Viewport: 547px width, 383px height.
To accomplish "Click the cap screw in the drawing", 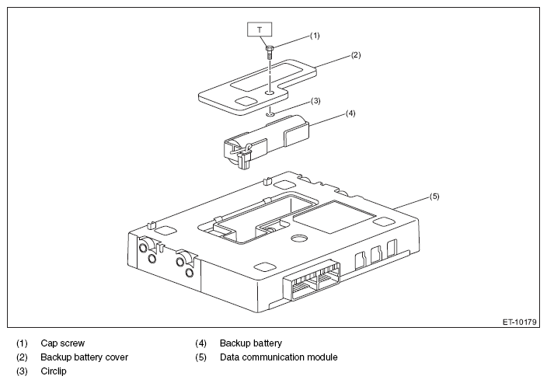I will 269,51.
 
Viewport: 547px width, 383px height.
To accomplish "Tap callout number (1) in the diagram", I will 314,36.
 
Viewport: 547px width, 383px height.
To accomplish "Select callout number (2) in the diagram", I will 354,55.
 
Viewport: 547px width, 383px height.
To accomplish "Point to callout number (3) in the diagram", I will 315,101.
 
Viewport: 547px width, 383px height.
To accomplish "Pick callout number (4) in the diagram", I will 350,113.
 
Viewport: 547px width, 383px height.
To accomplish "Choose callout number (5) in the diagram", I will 434,197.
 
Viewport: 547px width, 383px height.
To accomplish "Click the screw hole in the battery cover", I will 268,92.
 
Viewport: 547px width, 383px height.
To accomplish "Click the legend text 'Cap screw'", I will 63,343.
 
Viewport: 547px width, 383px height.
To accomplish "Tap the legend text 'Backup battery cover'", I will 84,357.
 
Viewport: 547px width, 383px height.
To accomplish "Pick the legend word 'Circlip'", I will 54,372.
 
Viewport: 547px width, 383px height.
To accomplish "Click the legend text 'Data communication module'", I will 278,357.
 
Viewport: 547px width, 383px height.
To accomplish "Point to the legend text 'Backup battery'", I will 250,343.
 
